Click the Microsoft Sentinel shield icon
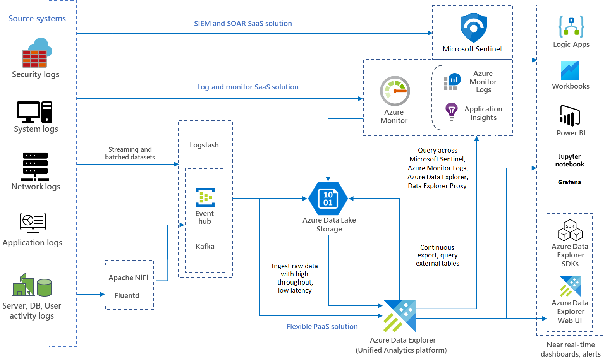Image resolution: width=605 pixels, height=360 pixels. coord(473,28)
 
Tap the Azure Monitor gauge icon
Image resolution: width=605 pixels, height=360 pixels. coord(395,91)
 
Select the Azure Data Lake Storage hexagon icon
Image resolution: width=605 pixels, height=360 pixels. coord(328,199)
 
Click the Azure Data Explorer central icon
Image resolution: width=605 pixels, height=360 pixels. coord(399,316)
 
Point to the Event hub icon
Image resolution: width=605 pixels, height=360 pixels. coord(205,197)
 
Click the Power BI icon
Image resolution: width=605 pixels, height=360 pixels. coord(570,116)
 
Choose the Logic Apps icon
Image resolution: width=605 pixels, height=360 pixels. coord(571,27)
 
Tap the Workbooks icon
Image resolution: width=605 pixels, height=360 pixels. coord(570,70)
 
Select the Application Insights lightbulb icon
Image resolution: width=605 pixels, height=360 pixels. coord(451,111)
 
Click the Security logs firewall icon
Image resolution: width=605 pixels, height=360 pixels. coord(36,53)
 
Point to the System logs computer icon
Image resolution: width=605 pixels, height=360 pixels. coord(34,112)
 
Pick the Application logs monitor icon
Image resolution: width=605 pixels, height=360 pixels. coord(33,223)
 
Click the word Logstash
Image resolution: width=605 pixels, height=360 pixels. coord(204,145)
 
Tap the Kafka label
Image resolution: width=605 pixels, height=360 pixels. coord(205,247)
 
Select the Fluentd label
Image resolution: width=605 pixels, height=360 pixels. coord(127,296)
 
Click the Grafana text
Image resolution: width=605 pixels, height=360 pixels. coord(569,182)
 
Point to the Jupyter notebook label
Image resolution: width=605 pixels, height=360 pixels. coord(569,160)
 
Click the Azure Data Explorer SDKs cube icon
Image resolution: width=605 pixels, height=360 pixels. coord(570,230)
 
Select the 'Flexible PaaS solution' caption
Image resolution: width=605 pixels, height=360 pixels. coord(322,327)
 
